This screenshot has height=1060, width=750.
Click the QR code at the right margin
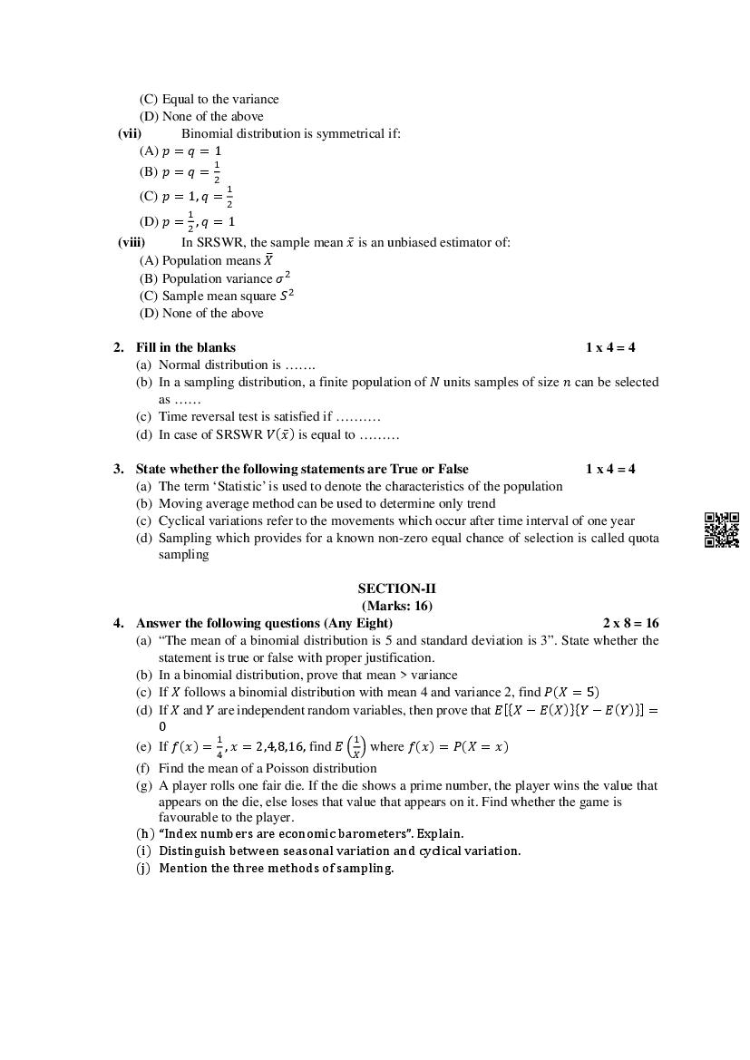[x=721, y=530]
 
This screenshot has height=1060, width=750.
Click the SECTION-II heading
[x=396, y=588]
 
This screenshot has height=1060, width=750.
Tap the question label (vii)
[x=130, y=133]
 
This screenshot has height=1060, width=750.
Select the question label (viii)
[x=131, y=242]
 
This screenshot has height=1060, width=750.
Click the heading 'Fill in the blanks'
[x=185, y=347]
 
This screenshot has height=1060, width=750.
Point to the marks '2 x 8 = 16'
[x=630, y=623]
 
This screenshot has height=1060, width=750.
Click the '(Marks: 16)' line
[x=396, y=606]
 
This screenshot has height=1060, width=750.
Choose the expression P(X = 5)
[x=570, y=693]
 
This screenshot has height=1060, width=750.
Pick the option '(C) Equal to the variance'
[x=209, y=99]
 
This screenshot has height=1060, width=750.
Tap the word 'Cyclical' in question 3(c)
[x=182, y=520]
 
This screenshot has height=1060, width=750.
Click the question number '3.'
[x=119, y=469]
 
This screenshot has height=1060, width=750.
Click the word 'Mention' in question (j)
[x=183, y=868]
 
